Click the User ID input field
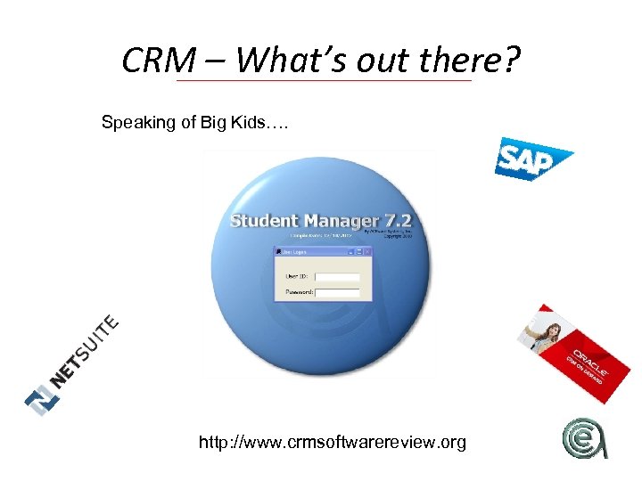pos(338,277)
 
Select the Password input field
pos(338,291)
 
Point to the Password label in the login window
pos(299,291)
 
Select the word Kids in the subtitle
pos(245,122)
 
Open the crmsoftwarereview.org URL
pos(332,441)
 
